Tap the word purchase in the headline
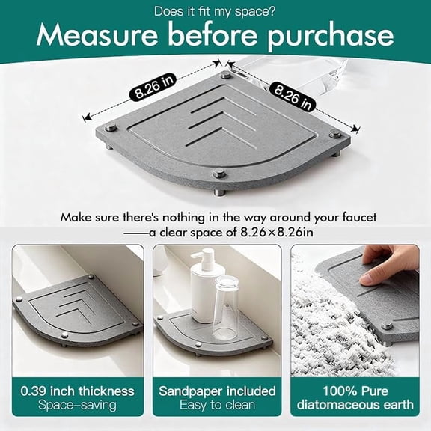[331, 37]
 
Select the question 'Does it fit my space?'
[215, 11]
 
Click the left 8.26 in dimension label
[153, 86]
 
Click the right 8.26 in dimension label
[292, 97]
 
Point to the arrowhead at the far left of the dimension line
[86, 118]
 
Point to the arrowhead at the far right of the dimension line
[356, 128]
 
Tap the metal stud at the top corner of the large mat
[226, 75]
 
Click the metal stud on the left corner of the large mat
[111, 127]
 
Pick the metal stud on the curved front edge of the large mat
[219, 174]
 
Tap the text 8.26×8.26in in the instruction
[277, 233]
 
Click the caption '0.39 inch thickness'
[77, 391]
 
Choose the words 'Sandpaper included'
[217, 391]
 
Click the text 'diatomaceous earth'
[355, 405]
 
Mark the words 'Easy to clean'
[217, 405]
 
